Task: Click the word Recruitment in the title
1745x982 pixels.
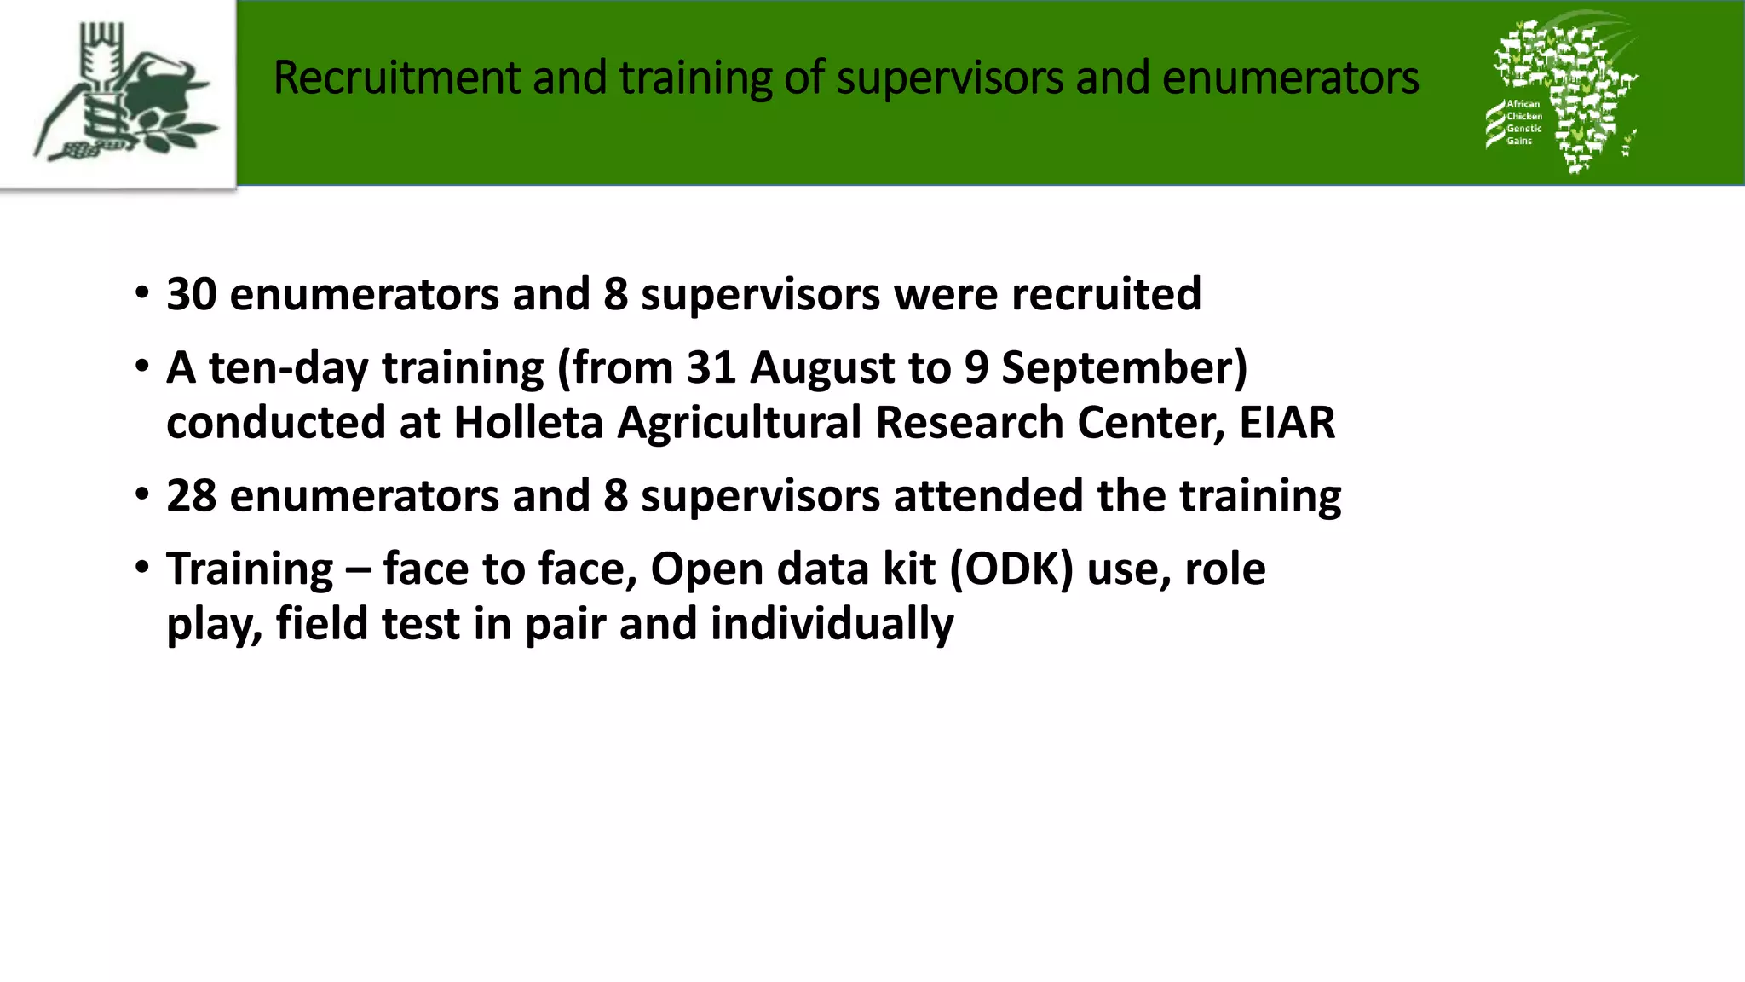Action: coord(396,78)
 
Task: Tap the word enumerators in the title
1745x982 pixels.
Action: coord(1290,78)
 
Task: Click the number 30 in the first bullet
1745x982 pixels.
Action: coord(191,294)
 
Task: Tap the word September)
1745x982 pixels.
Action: coord(1124,367)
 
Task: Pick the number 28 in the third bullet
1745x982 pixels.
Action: coord(191,496)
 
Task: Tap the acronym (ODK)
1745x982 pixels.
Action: coord(1011,569)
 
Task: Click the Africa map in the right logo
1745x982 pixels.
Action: coord(1576,85)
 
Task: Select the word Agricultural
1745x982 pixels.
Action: coord(739,423)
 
